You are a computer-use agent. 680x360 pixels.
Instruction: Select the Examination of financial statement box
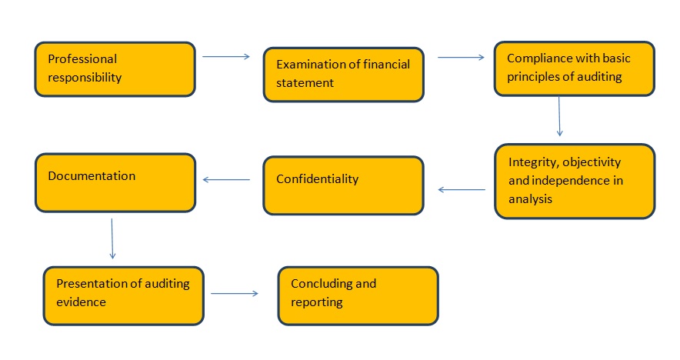(343, 75)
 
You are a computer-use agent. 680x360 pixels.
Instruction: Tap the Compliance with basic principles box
(574, 68)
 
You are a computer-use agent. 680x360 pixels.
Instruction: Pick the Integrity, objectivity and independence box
(574, 180)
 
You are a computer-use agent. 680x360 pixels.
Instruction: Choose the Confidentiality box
(343, 185)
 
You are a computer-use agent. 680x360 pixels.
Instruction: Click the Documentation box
(115, 182)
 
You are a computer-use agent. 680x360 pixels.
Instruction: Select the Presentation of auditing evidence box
(123, 295)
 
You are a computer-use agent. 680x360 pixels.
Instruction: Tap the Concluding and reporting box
(358, 295)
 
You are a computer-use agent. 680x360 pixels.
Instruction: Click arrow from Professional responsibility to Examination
(225, 56)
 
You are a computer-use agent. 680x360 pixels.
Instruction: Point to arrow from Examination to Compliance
(461, 56)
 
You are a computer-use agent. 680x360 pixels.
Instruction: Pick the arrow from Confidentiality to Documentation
(226, 181)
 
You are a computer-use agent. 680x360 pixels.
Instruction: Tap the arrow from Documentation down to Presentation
(112, 238)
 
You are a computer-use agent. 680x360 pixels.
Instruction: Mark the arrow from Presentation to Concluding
(234, 293)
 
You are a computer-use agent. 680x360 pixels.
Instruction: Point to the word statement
(305, 82)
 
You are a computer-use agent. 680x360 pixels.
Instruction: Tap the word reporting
(316, 302)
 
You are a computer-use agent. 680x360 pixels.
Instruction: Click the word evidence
(81, 302)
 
